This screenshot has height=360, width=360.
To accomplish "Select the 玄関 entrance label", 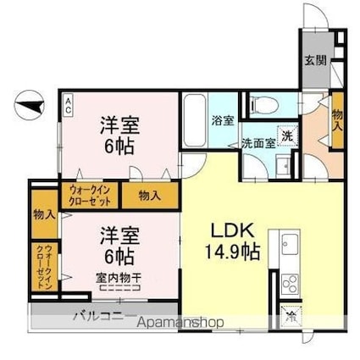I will click(x=313, y=60).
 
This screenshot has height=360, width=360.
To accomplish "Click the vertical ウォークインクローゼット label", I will click(x=42, y=267).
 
